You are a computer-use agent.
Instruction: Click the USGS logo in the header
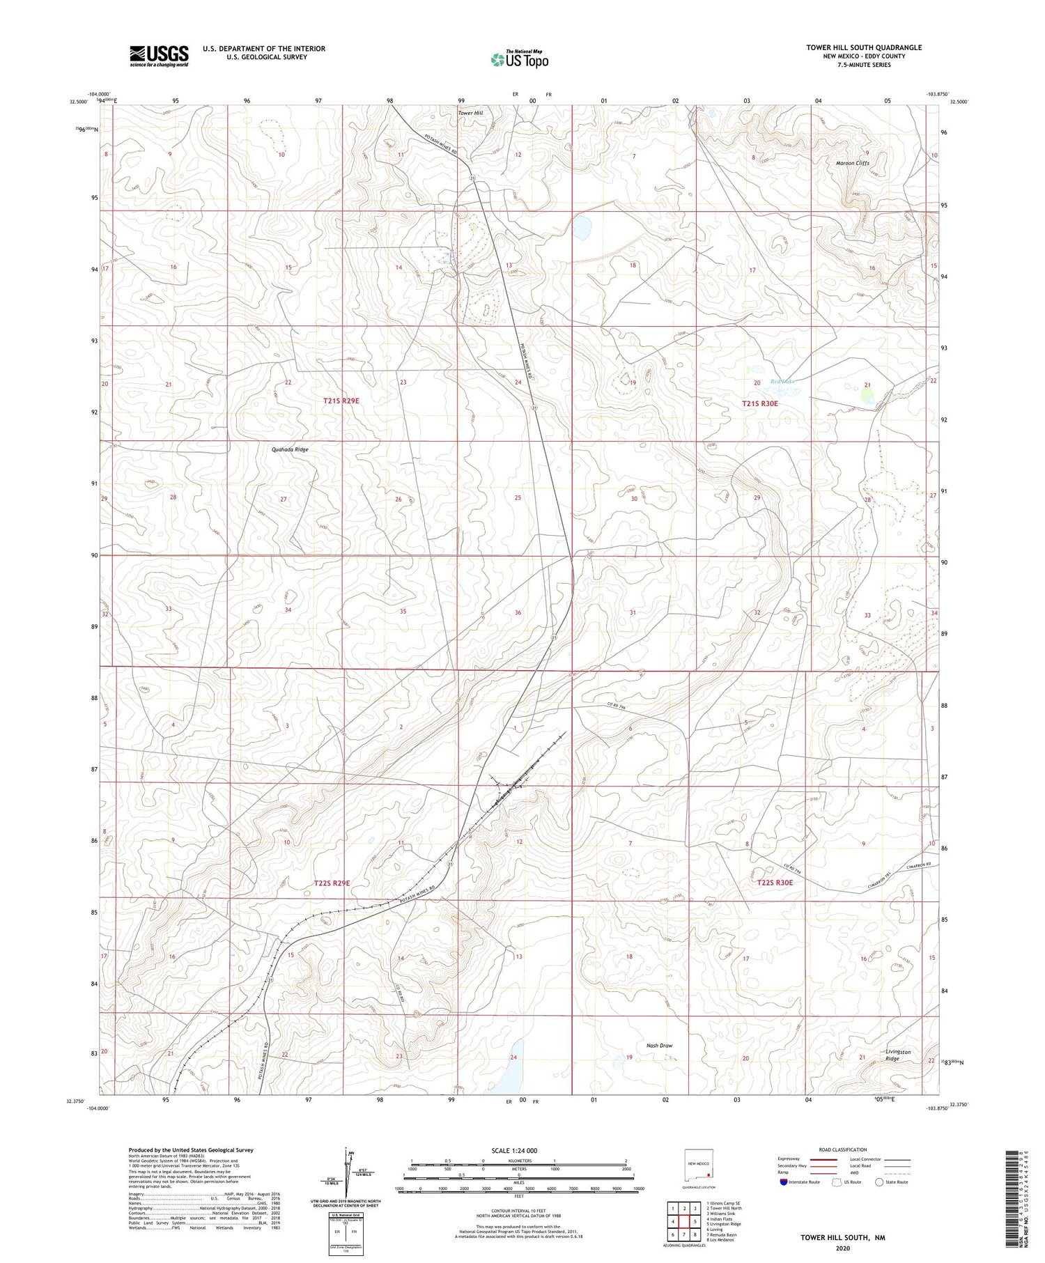click(x=159, y=56)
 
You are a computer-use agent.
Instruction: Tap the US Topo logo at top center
click(x=519, y=59)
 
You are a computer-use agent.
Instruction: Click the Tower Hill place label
click(x=470, y=113)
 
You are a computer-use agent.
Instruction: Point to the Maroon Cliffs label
click(x=852, y=163)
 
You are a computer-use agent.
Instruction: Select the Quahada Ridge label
click(x=290, y=449)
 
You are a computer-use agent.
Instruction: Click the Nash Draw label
click(x=659, y=1045)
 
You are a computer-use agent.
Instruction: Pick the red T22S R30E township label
click(x=775, y=882)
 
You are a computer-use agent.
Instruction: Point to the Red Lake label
click(x=782, y=382)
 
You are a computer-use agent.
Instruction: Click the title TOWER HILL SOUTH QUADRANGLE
click(x=864, y=47)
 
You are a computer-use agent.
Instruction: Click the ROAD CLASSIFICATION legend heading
click(x=843, y=1149)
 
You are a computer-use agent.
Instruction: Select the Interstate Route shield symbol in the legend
click(x=784, y=1182)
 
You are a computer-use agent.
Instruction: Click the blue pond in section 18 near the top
click(x=582, y=226)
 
